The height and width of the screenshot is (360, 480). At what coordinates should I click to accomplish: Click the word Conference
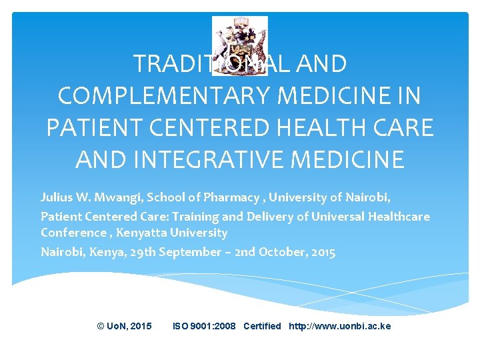click(71, 233)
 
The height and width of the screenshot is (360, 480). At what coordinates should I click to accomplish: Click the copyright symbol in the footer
click(101, 326)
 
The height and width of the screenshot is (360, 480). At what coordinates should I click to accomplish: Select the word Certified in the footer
click(262, 326)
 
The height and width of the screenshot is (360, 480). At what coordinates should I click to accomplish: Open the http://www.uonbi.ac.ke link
click(339, 326)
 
